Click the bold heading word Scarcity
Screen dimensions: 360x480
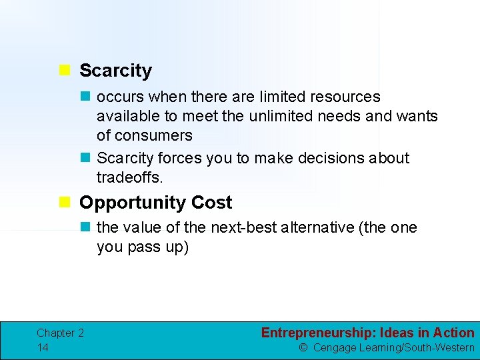coord(115,71)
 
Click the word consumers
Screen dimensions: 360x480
coord(154,135)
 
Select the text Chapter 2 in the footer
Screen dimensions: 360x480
coord(60,333)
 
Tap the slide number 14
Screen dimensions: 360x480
coord(43,347)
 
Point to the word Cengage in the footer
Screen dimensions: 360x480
coord(335,347)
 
